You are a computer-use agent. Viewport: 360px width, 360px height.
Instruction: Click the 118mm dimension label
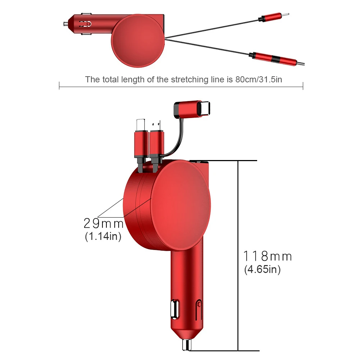268,256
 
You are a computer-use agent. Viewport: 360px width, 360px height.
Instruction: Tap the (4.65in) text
263,269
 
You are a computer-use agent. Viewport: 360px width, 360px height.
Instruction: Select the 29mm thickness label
104,223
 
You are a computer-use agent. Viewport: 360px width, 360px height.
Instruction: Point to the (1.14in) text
103,236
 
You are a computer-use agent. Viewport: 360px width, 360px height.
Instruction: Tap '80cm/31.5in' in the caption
259,79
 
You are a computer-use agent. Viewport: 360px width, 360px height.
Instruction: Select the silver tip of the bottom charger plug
187,345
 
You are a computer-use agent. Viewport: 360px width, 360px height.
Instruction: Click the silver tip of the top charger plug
66,24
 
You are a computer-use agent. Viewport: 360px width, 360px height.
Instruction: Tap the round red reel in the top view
138,41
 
